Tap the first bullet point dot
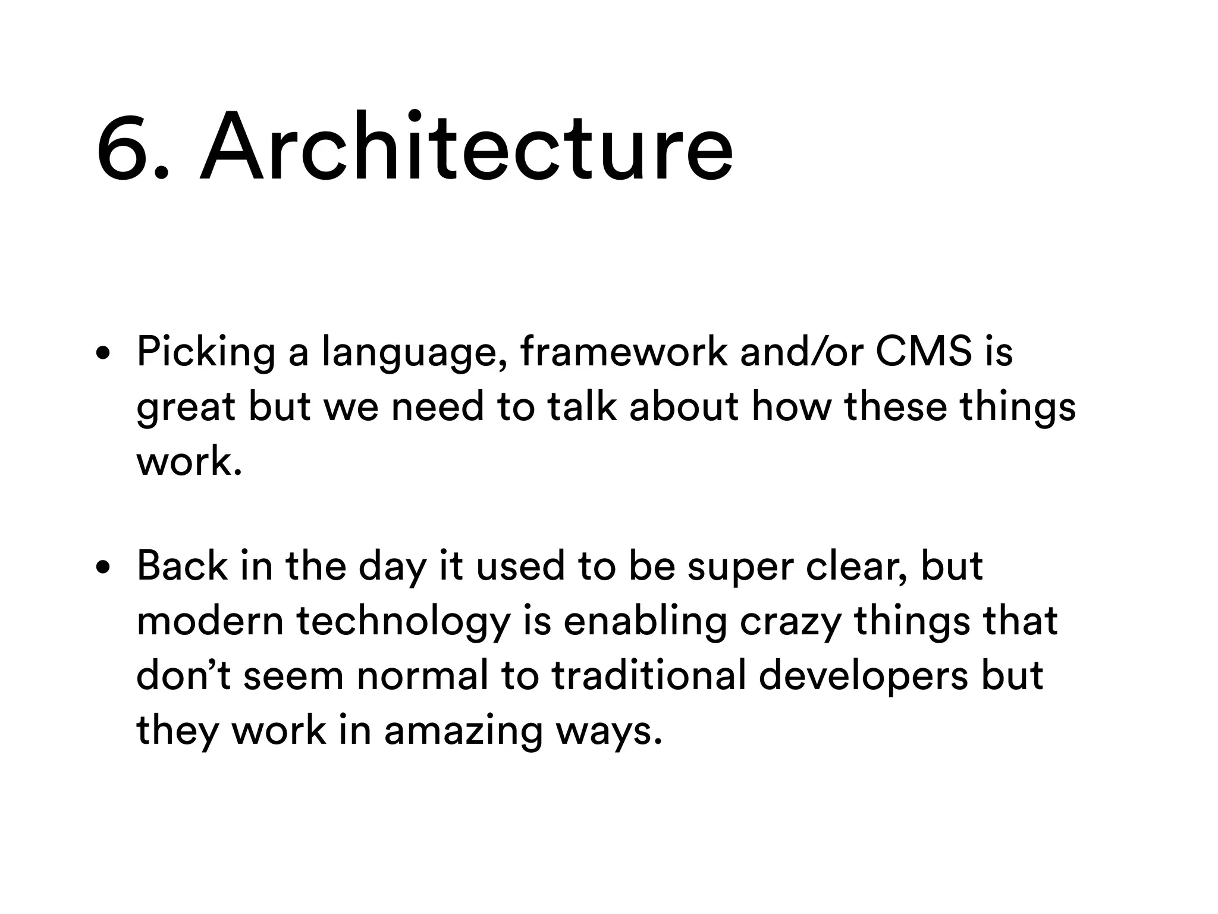103,354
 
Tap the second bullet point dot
103,568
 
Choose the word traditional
648,675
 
